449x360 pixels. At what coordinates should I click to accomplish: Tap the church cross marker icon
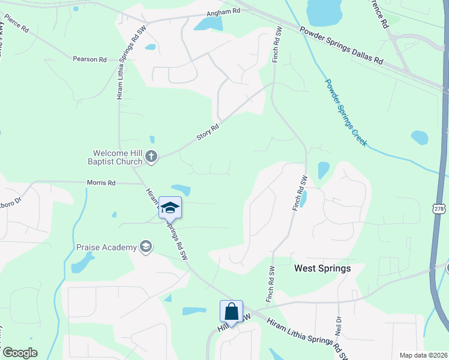click(x=151, y=157)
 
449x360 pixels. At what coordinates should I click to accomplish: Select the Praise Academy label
click(x=106, y=247)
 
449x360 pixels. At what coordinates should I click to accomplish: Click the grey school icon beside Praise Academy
click(x=145, y=247)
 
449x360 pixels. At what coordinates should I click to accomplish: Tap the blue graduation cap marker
click(x=170, y=208)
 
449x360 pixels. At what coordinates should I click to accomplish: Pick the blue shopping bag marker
click(x=231, y=312)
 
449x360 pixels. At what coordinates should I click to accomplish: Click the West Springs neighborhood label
click(x=322, y=269)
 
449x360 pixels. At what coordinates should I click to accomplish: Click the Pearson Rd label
click(x=89, y=59)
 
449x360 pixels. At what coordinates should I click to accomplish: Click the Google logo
click(x=20, y=352)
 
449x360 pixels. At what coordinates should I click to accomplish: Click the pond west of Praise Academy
click(x=83, y=262)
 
